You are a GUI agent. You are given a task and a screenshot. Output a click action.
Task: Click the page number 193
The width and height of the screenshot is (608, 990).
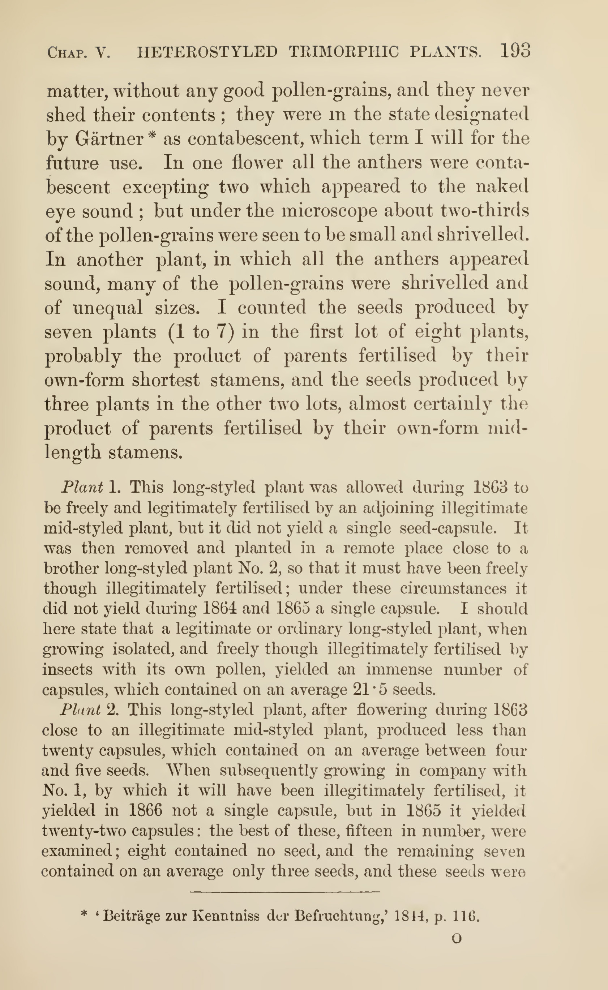pos(515,51)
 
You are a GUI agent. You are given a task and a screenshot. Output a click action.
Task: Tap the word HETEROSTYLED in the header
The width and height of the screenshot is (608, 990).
pos(207,52)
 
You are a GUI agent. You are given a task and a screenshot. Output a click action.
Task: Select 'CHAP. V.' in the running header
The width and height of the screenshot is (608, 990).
pos(78,53)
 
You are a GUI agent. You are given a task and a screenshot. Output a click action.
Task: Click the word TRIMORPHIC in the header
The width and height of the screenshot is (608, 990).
pos(344,52)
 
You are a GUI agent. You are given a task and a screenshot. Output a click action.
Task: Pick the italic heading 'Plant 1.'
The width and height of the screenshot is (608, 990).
pos(90,487)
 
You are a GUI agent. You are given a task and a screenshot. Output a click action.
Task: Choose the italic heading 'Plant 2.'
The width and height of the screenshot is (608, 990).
pos(89,710)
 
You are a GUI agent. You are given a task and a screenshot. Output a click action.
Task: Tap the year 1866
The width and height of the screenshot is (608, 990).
pos(145,810)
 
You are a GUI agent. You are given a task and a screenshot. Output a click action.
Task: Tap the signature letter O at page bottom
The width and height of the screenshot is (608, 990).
pos(457,939)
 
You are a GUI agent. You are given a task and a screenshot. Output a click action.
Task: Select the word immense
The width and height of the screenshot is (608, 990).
pos(399,669)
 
